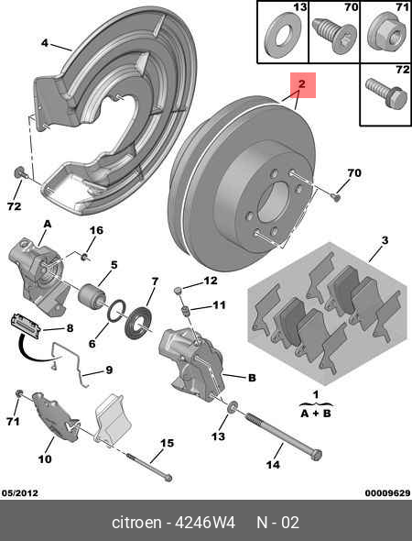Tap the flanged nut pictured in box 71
pos(382,35)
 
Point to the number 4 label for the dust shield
pos(44,43)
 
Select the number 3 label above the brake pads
pos(385,240)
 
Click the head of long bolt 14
pos(317,454)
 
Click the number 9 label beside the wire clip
pos(108,370)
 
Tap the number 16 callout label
pos(96,229)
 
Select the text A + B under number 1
pos(316,414)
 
